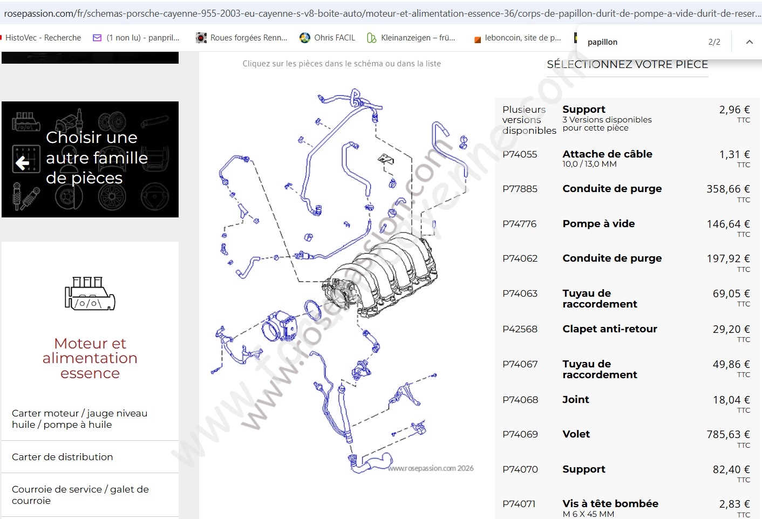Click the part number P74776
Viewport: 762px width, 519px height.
(520, 224)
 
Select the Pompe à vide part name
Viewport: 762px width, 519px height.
(598, 223)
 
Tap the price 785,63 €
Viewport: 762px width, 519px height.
(728, 434)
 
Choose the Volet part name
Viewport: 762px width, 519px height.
(576, 434)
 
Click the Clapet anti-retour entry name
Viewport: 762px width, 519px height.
(610, 329)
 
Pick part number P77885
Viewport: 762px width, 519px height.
(520, 189)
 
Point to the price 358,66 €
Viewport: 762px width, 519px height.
(728, 189)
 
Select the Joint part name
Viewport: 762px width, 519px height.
(576, 399)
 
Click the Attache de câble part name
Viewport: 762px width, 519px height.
(607, 154)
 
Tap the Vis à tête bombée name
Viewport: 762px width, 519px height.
(610, 503)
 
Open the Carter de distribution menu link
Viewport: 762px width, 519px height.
(62, 457)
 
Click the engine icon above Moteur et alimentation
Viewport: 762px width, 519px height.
(90, 293)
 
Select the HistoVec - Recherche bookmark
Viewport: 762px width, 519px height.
(43, 37)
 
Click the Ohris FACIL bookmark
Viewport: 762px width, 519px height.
(327, 37)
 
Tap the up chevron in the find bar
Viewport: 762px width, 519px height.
(749, 42)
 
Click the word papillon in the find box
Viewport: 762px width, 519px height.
(602, 42)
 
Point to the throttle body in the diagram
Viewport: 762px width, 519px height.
(280, 326)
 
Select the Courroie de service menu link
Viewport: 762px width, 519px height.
(80, 495)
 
